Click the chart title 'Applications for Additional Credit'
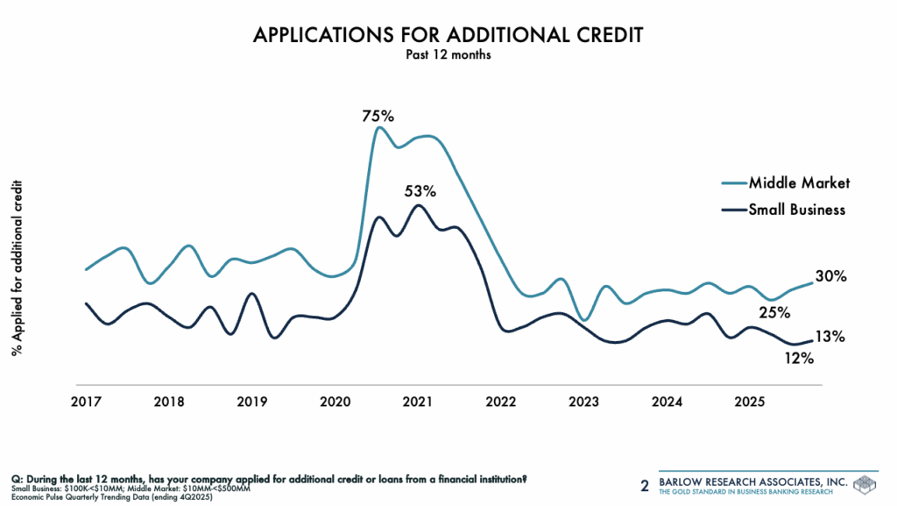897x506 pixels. [x=447, y=34]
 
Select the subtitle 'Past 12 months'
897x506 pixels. [x=447, y=54]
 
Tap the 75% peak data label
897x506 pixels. [x=378, y=115]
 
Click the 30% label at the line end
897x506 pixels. [x=830, y=276]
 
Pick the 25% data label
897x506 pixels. [x=774, y=312]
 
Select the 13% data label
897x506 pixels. [x=829, y=336]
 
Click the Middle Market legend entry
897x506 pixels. [x=799, y=182]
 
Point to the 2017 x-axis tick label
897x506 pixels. [x=86, y=402]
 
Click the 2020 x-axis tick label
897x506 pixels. [x=335, y=402]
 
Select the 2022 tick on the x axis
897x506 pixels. [x=501, y=402]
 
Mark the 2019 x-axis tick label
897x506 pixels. [x=252, y=402]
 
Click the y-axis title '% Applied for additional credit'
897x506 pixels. [x=17, y=262]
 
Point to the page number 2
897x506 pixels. [x=646, y=485]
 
